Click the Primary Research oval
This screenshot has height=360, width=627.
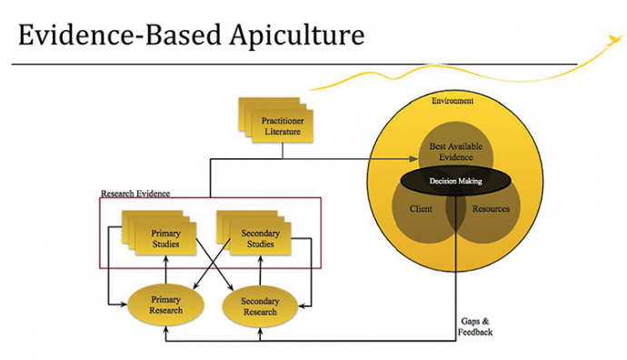coord(165,305)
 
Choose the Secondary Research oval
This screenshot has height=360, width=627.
coord(260,306)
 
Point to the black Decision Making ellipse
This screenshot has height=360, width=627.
coord(455,180)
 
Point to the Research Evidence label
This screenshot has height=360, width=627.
coord(135,193)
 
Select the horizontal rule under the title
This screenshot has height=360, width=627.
coord(291,65)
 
